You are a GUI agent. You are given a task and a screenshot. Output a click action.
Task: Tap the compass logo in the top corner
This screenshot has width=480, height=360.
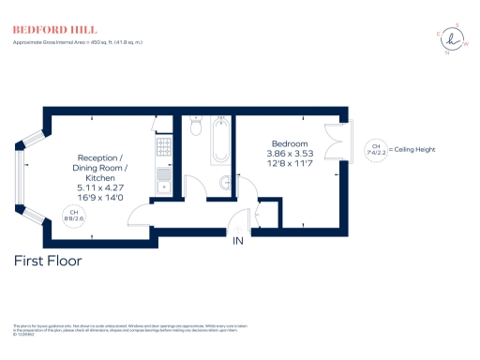[x=457, y=39]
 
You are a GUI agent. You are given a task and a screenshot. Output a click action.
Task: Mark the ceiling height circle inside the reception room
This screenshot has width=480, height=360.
[x=72, y=216]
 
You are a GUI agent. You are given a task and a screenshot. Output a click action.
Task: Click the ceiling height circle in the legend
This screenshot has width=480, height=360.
[x=376, y=150]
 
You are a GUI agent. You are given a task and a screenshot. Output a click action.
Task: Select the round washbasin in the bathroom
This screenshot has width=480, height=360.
[x=226, y=183]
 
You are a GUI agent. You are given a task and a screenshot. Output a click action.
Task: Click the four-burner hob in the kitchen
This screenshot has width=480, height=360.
[x=163, y=147]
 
